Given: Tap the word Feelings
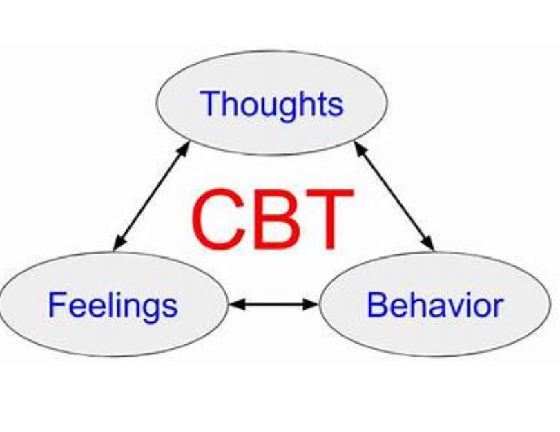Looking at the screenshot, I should pos(112,305).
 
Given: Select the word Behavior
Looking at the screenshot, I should pos(435,305).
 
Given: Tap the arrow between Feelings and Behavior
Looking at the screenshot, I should pos(273,303).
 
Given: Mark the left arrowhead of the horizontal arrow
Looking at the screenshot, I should pos(235,303).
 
